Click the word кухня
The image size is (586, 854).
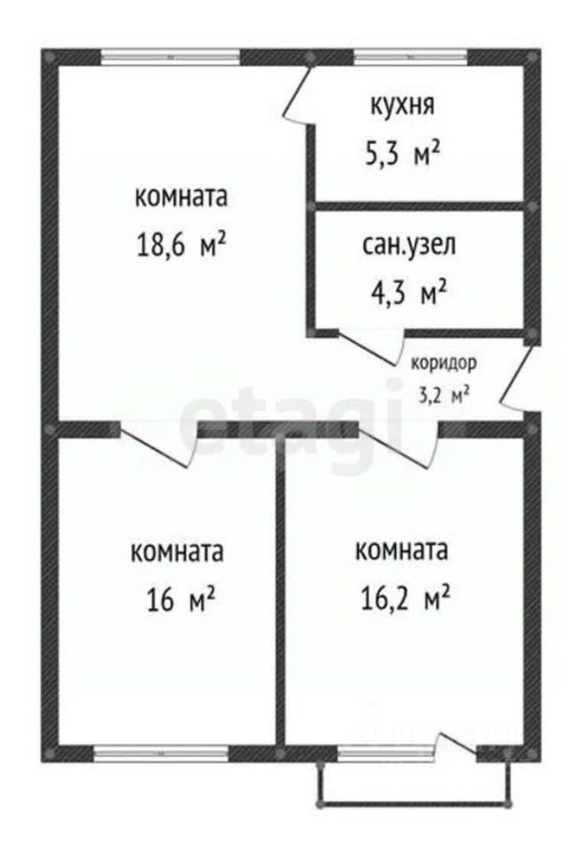pos(402,107)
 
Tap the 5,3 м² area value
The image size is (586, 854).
pos(402,154)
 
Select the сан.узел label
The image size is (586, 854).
pos(408,245)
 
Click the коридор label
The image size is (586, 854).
pos(444,363)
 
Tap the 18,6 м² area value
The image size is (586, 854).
pos(179,245)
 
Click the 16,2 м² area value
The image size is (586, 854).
pos(400,598)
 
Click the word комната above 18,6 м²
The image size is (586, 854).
pos(180,197)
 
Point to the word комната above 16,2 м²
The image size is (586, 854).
pos(400,551)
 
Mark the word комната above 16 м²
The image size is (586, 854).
pos(176,552)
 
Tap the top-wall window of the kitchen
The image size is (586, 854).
pos(411,56)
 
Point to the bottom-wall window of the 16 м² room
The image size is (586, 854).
pos(159,753)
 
